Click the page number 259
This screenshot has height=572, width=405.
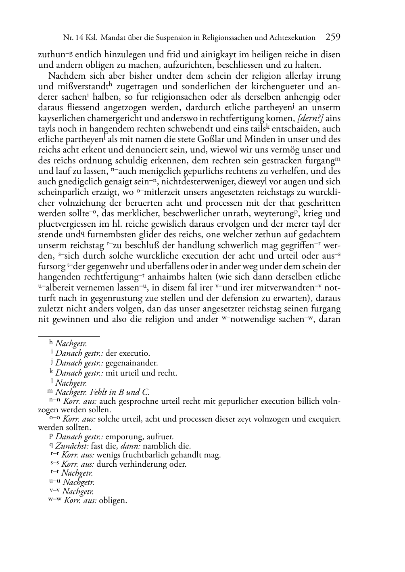click(333, 38)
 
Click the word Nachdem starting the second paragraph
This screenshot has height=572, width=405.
click(65, 76)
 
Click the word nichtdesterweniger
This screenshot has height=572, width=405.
click(194, 182)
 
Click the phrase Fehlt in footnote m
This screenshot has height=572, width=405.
click(99, 392)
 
